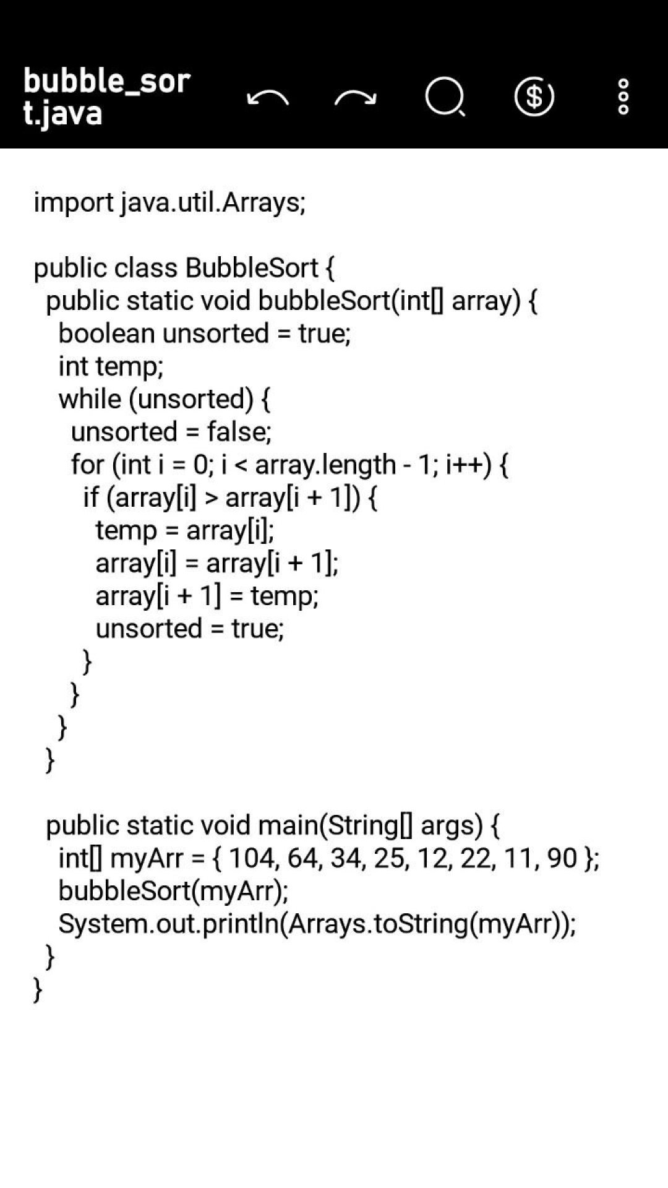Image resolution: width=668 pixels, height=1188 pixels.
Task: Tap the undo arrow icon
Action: [268, 98]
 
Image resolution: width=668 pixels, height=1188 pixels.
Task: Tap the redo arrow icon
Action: [356, 98]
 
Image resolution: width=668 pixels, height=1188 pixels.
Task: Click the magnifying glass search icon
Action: [445, 97]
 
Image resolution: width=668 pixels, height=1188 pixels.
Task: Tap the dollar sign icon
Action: [534, 97]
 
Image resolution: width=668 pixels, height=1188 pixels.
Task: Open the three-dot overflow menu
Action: [623, 97]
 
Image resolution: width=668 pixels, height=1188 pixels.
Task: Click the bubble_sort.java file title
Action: [106, 97]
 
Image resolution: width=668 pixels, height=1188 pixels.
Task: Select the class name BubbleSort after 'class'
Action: [251, 268]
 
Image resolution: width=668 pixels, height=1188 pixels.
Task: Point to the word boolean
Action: [106, 334]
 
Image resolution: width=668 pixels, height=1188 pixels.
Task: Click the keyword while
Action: [90, 399]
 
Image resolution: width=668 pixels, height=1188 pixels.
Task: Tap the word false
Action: [239, 432]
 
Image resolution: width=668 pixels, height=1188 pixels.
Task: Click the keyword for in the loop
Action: [88, 465]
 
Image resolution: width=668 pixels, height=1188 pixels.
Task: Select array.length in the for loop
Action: [325, 465]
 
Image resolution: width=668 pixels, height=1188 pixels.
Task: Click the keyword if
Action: [90, 497]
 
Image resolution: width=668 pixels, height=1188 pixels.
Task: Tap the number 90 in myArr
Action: [562, 858]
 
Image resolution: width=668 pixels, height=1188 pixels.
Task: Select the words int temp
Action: [110, 366]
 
